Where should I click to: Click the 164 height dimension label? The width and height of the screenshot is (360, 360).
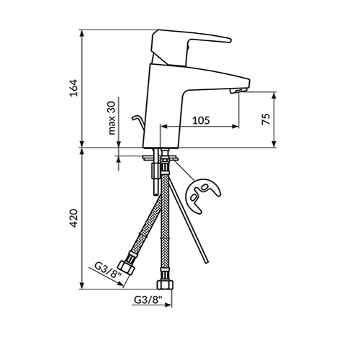(74, 88)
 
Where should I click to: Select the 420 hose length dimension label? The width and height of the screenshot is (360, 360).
(74, 218)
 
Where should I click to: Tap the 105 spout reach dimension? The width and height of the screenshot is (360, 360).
(201, 120)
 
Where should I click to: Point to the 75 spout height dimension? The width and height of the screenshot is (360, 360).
(266, 119)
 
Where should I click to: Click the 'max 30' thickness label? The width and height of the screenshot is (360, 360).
(112, 118)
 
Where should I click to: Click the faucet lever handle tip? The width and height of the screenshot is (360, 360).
(229, 40)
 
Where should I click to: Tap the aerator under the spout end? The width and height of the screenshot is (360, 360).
(238, 91)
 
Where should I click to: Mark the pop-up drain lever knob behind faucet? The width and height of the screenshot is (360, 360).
(134, 117)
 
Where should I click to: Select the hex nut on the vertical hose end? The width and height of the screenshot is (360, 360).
(165, 284)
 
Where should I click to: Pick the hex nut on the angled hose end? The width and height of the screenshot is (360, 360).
(126, 268)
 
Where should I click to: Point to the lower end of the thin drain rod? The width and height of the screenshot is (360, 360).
(206, 261)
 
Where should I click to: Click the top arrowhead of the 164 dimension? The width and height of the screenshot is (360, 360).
(82, 33)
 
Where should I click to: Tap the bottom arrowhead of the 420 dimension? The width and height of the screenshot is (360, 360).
(82, 286)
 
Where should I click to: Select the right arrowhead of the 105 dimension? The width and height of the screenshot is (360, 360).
(235, 126)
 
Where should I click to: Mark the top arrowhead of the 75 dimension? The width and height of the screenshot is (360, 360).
(274, 95)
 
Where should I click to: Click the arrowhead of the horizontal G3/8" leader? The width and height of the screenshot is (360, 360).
(168, 305)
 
